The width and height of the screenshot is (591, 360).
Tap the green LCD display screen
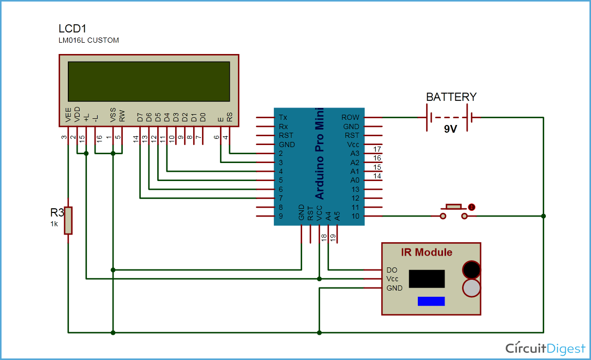click(149, 81)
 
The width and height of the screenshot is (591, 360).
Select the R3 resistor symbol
click(68, 220)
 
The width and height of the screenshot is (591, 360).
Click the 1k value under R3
click(54, 224)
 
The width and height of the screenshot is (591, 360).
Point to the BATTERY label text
click(451, 97)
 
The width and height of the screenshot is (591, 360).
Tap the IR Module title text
click(427, 253)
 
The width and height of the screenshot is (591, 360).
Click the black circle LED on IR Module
click(471, 269)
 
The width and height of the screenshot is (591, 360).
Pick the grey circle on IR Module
click(471, 288)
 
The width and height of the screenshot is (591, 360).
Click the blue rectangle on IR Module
click(431, 301)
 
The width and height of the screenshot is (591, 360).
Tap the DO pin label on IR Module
click(392, 270)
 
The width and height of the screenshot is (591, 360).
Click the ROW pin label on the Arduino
click(350, 117)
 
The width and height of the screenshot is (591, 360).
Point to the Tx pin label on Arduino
click(283, 117)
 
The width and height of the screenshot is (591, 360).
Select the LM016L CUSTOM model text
click(89, 40)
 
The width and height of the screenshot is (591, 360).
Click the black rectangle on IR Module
click(427, 279)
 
